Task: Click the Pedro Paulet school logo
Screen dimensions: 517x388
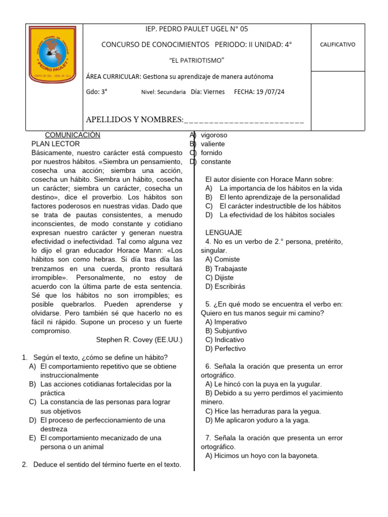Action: [54, 54]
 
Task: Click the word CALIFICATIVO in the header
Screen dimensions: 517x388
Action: [337, 44]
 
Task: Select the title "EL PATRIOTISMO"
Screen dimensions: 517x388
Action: [196, 61]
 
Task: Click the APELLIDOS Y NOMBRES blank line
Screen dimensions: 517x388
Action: [245, 120]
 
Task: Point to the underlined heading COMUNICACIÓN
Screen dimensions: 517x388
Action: [73, 135]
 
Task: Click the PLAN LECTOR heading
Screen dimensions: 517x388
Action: [55, 144]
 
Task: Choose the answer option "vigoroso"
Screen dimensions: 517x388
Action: [214, 135]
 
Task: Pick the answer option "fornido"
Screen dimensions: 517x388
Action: [211, 153]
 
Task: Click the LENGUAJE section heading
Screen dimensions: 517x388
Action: [223, 233]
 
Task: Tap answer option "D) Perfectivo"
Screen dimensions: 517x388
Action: [225, 348]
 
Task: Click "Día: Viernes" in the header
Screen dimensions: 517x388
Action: [208, 92]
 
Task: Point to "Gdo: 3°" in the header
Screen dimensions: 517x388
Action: [97, 92]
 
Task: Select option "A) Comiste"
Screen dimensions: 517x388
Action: [222, 260]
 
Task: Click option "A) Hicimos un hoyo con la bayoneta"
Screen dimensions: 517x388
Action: [262, 455]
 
